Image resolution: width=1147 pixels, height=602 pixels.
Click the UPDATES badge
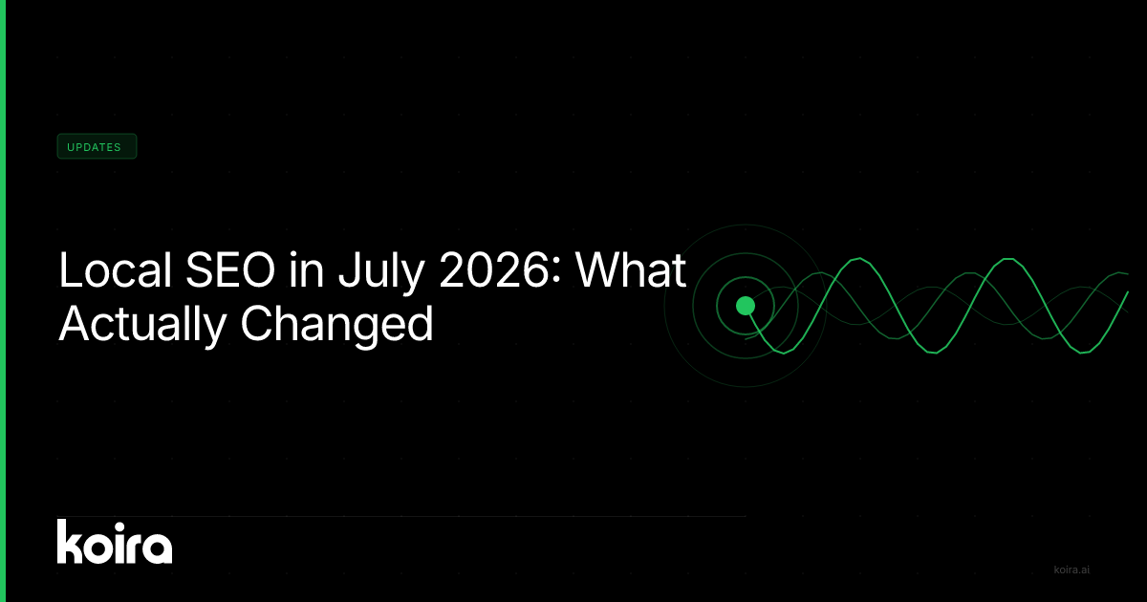pyautogui.click(x=97, y=146)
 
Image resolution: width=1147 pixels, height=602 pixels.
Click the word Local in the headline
pyautogui.click(x=116, y=269)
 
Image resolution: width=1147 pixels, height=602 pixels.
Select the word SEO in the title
pyautogui.click(x=230, y=269)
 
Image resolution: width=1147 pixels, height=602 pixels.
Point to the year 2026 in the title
pyautogui.click(x=493, y=269)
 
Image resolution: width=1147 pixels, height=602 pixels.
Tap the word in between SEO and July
pyautogui.click(x=307, y=269)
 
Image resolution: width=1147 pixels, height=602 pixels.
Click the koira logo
pyautogui.click(x=115, y=542)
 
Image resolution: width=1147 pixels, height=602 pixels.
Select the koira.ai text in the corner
pyautogui.click(x=1071, y=570)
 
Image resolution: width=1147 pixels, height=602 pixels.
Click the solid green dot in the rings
pyautogui.click(x=746, y=306)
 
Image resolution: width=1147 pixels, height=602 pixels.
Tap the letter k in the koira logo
pyautogui.click(x=70, y=542)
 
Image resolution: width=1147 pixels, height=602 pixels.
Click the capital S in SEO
pyautogui.click(x=200, y=269)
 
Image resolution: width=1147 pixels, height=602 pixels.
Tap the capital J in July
pyautogui.click(x=349, y=269)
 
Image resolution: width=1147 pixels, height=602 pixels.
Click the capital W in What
pyautogui.click(x=600, y=269)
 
